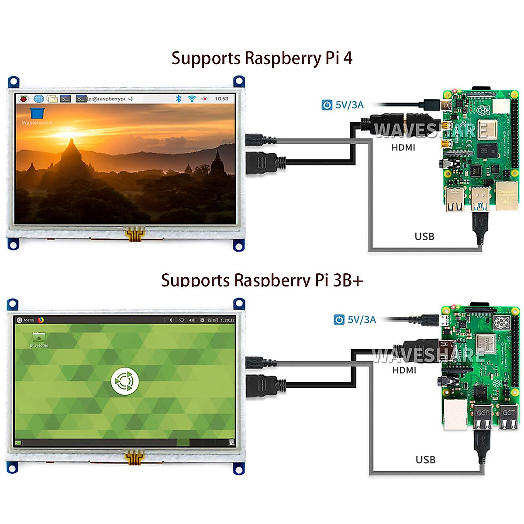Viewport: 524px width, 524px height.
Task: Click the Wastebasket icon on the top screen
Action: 37,113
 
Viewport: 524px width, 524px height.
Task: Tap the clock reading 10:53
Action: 221,99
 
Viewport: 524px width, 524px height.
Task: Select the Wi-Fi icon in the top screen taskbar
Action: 192,99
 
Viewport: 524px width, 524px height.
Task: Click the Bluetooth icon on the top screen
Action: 178,99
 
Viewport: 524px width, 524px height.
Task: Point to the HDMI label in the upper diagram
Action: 403,148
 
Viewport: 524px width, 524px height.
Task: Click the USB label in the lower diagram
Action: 425,460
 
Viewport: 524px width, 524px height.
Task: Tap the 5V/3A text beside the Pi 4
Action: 349,105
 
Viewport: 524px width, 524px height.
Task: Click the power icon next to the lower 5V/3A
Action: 339,320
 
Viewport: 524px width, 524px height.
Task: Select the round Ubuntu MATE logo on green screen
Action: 125,381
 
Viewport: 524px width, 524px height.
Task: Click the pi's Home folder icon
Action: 39,337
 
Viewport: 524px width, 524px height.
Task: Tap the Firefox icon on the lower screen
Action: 41,320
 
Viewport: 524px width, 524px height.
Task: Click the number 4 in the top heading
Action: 348,58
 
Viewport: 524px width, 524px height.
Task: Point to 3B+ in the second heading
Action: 348,280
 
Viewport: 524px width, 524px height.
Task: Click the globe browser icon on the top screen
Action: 38,99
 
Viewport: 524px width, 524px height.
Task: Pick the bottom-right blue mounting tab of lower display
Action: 239,469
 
